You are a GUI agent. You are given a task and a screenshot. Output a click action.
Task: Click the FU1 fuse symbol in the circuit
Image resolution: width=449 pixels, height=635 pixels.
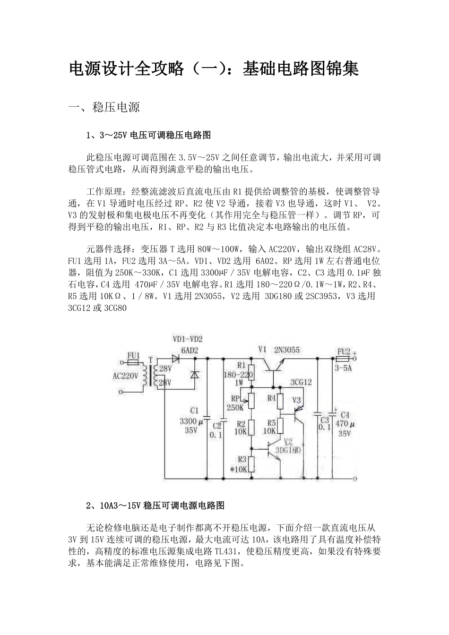pos(134,362)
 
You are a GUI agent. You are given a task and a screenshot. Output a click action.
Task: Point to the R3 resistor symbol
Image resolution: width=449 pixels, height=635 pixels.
pos(251,464)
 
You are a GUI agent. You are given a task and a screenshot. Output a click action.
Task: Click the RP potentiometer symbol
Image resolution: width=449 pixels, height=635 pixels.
pos(251,401)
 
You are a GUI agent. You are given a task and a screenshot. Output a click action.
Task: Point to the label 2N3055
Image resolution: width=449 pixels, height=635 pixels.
pos(287,350)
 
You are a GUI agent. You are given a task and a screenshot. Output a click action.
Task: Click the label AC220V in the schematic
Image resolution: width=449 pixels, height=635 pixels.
pos(125,376)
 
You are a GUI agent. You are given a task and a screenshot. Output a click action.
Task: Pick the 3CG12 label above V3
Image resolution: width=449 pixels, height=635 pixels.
pos(301,382)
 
